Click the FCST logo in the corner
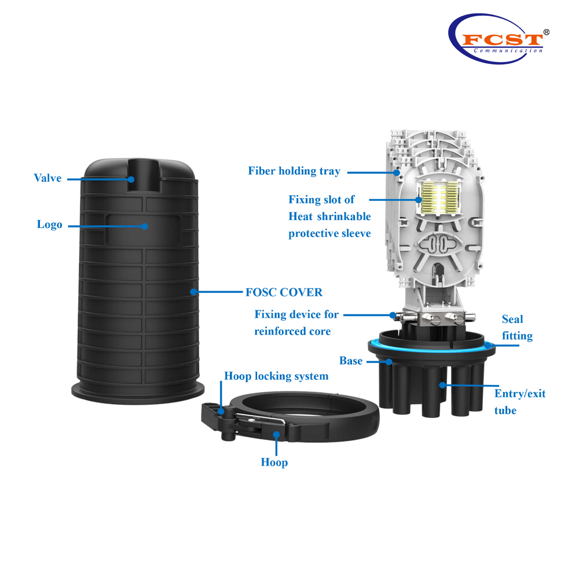[499, 39]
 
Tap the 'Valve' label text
[47, 178]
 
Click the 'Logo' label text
[49, 225]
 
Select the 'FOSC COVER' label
[284, 292]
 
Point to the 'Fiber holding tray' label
[294, 171]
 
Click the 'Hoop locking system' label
[276, 376]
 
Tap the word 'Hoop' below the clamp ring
[274, 462]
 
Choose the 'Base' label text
[351, 361]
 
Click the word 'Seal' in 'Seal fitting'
[512, 319]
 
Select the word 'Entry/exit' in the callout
[520, 394]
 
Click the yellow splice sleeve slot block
[440, 197]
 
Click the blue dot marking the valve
[131, 179]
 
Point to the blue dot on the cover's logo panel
[145, 226]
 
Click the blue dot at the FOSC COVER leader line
[193, 292]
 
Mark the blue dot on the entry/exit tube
[442, 385]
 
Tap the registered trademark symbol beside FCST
[547, 32]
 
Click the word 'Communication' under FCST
[508, 51]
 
